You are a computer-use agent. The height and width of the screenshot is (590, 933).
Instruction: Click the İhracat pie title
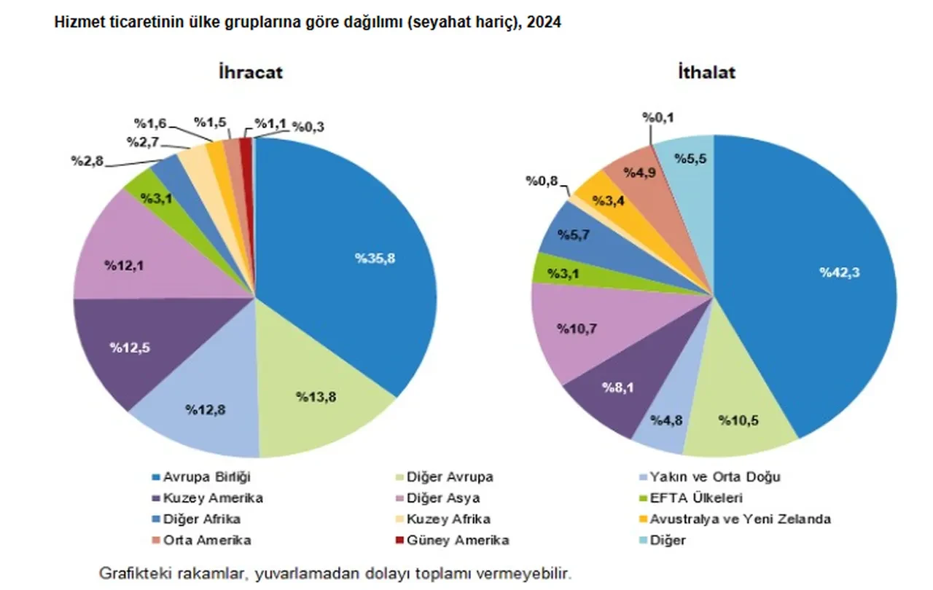click(250, 72)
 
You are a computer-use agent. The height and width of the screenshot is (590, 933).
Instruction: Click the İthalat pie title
click(706, 72)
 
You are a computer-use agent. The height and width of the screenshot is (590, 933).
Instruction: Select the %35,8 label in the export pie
click(375, 258)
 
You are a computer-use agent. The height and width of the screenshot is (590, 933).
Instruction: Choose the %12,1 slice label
click(124, 265)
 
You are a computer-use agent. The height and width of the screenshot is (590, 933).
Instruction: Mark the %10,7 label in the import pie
click(577, 329)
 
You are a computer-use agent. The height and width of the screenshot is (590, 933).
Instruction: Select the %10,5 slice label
click(738, 420)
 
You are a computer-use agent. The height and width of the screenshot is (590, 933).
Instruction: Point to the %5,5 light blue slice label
click(690, 160)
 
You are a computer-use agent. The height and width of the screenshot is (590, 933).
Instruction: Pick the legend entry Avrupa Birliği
click(208, 477)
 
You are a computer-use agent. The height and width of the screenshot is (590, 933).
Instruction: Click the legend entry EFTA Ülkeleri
click(692, 498)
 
